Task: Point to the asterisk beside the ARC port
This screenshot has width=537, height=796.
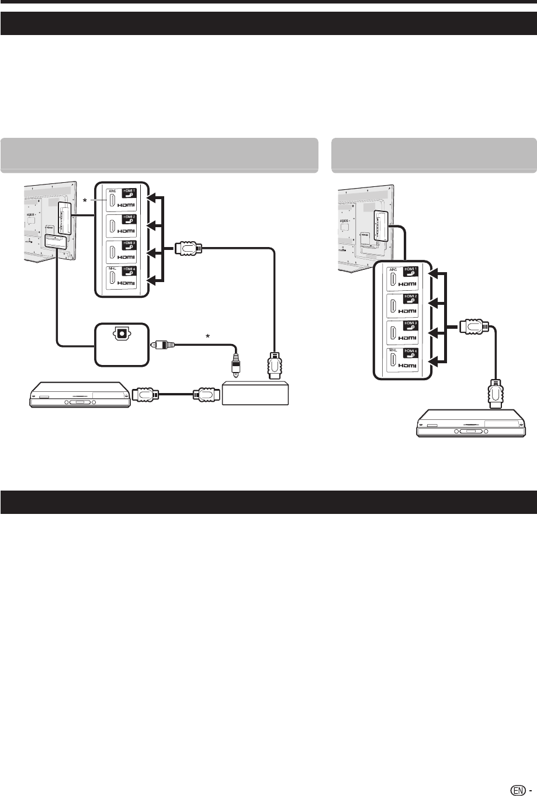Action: (x=86, y=201)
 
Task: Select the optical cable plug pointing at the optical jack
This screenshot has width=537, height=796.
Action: (x=161, y=345)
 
